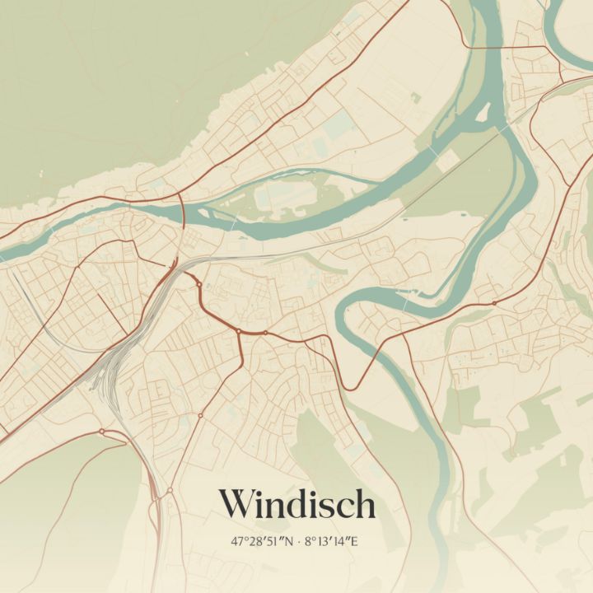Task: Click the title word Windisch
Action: coord(296,504)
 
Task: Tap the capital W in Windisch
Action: coord(237,504)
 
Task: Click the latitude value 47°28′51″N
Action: coord(263,542)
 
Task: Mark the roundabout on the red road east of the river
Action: coord(493,303)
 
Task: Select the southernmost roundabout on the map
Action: coord(170,491)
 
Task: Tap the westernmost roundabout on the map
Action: coord(101,431)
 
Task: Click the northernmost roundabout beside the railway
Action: coord(198,284)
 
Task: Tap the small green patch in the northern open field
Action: coord(416,98)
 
